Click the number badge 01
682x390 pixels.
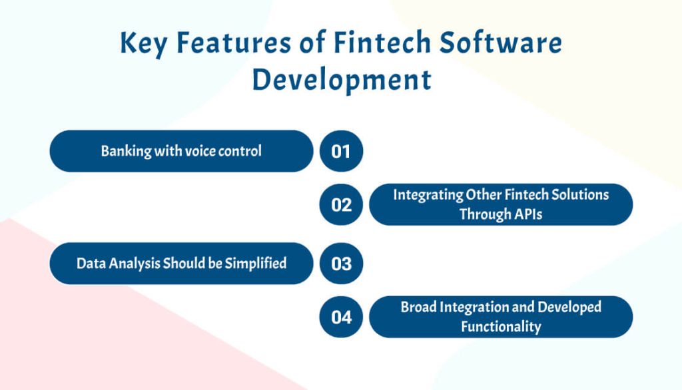coord(341,151)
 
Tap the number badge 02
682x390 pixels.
coord(341,204)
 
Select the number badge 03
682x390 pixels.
coord(341,264)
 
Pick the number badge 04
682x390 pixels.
coord(341,317)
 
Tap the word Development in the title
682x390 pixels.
coord(342,80)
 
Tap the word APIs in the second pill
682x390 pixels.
coord(523,214)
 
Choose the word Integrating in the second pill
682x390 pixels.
coord(428,195)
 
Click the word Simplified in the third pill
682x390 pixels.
coord(256,264)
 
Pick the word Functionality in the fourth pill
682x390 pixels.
coord(501,327)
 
